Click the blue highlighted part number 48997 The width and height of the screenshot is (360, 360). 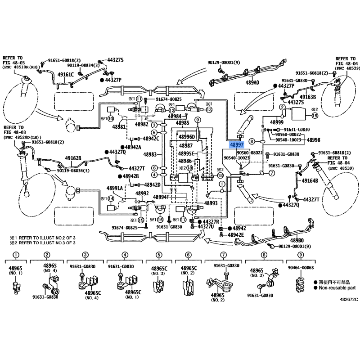pyautogui.click(x=237, y=145)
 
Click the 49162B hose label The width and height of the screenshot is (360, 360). pyautogui.click(x=73, y=158)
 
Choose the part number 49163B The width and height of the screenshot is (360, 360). pyautogui.click(x=308, y=96)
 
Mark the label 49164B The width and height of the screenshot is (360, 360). pyautogui.click(x=310, y=180)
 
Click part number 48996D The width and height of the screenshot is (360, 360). pyautogui.click(x=186, y=137)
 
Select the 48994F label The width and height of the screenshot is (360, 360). pyautogui.click(x=160, y=197)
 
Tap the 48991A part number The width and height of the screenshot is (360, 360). pyautogui.click(x=115, y=188)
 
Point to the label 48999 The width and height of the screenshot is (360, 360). pyautogui.click(x=276, y=122)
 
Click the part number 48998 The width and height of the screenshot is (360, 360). pyautogui.click(x=314, y=140)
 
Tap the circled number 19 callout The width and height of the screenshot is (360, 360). pyautogui.click(x=315, y=116)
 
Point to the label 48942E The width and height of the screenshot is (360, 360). pyautogui.click(x=236, y=235)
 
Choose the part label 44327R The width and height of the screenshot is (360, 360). pyautogui.click(x=210, y=222)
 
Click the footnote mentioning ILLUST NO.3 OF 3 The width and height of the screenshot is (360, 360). pyautogui.click(x=43, y=243)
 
